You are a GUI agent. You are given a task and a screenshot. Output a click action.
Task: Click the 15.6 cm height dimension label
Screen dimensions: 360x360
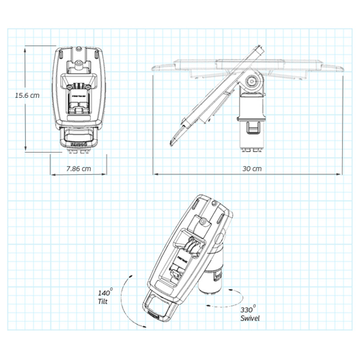click(27, 95)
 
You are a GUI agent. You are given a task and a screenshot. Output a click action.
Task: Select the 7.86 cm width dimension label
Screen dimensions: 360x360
click(77, 168)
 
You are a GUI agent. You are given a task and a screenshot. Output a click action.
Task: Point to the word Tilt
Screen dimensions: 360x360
click(105, 302)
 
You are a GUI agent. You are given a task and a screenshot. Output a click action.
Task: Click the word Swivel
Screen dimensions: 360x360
click(251, 318)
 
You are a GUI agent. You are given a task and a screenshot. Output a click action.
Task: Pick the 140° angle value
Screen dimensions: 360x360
click(106, 293)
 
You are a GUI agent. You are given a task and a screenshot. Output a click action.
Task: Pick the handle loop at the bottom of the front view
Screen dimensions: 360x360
click(76, 138)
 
